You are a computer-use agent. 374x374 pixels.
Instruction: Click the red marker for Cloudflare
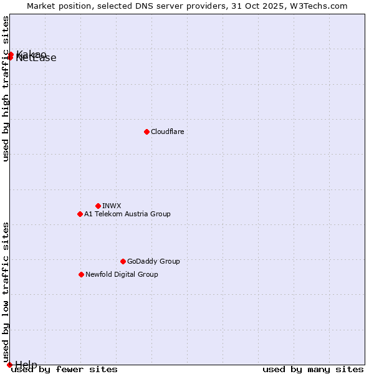(146, 132)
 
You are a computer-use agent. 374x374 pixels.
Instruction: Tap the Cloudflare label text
(168, 132)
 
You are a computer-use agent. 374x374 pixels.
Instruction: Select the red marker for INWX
(98, 206)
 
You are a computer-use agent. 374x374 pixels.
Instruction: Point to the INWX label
(112, 206)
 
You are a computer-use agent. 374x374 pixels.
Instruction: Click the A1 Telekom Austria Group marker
(80, 214)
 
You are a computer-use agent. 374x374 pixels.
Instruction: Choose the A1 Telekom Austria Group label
(127, 214)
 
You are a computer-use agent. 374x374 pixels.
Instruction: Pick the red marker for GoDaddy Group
(123, 261)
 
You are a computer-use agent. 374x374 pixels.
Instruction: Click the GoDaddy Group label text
(153, 261)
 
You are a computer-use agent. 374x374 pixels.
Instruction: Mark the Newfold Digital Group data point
(81, 274)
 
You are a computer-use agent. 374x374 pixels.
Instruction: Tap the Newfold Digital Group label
(122, 274)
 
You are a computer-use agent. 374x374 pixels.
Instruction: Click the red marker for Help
(9, 365)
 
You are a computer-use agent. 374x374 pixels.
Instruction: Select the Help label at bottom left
(26, 365)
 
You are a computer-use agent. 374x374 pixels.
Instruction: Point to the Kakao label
(31, 54)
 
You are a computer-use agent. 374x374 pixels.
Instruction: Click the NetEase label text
(36, 59)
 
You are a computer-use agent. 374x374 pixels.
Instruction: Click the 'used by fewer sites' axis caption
(64, 369)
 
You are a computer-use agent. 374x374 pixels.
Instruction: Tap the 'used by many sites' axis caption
(313, 369)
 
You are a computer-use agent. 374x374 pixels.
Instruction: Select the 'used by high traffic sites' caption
(6, 89)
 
